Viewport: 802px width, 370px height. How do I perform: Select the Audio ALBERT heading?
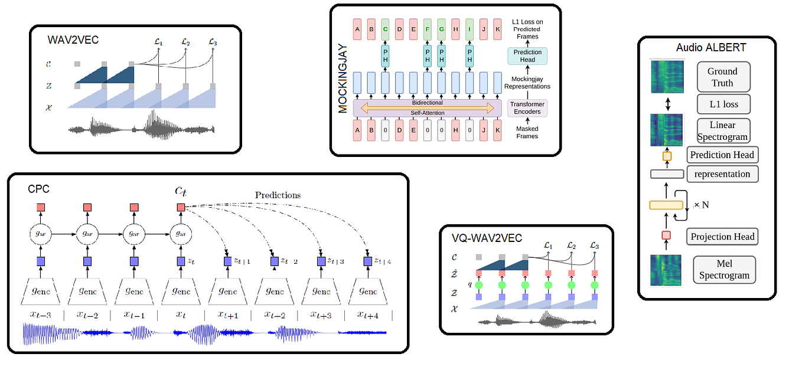pyautogui.click(x=706, y=48)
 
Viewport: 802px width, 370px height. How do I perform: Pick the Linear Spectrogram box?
pyautogui.click(x=723, y=131)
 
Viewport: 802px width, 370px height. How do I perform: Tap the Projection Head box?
pyautogui.click(x=723, y=237)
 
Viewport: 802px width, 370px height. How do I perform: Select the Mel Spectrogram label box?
pyautogui.click(x=724, y=269)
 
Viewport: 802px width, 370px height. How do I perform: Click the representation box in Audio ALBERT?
pyautogui.click(x=722, y=174)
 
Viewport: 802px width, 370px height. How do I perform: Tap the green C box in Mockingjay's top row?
pyautogui.click(x=385, y=28)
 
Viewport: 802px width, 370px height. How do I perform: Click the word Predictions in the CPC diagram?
pyautogui.click(x=278, y=195)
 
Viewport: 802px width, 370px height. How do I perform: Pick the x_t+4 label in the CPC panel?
pyautogui.click(x=367, y=315)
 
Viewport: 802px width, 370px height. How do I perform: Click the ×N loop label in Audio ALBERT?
pyautogui.click(x=701, y=204)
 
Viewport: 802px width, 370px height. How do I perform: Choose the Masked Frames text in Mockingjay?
pyautogui.click(x=527, y=132)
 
